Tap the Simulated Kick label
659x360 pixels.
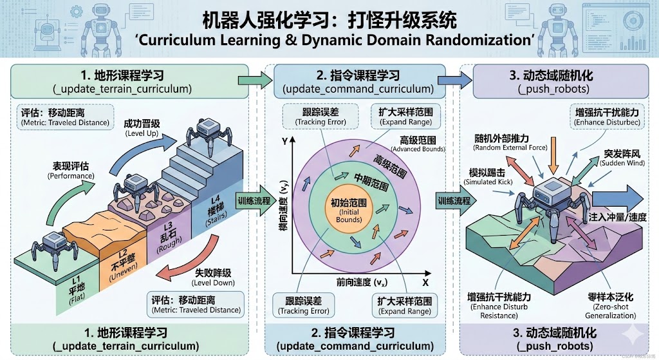[492, 177]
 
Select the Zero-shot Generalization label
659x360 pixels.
[611, 306]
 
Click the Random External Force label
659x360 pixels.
[510, 142]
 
